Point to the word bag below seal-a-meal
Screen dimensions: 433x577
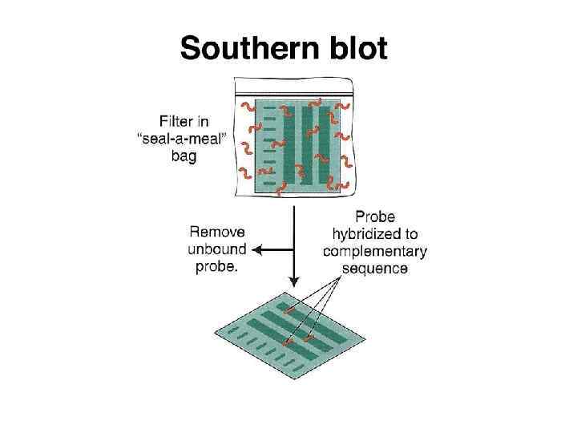(184, 156)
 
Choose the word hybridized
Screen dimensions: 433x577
(375, 233)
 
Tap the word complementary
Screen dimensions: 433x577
(375, 251)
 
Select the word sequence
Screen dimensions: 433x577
(375, 268)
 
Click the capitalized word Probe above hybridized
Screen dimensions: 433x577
(375, 216)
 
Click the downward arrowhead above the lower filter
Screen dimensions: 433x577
(294, 281)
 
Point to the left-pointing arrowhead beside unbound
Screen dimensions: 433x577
(260, 249)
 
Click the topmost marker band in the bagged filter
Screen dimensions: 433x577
(269, 107)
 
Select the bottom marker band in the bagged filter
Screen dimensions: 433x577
(269, 183)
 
